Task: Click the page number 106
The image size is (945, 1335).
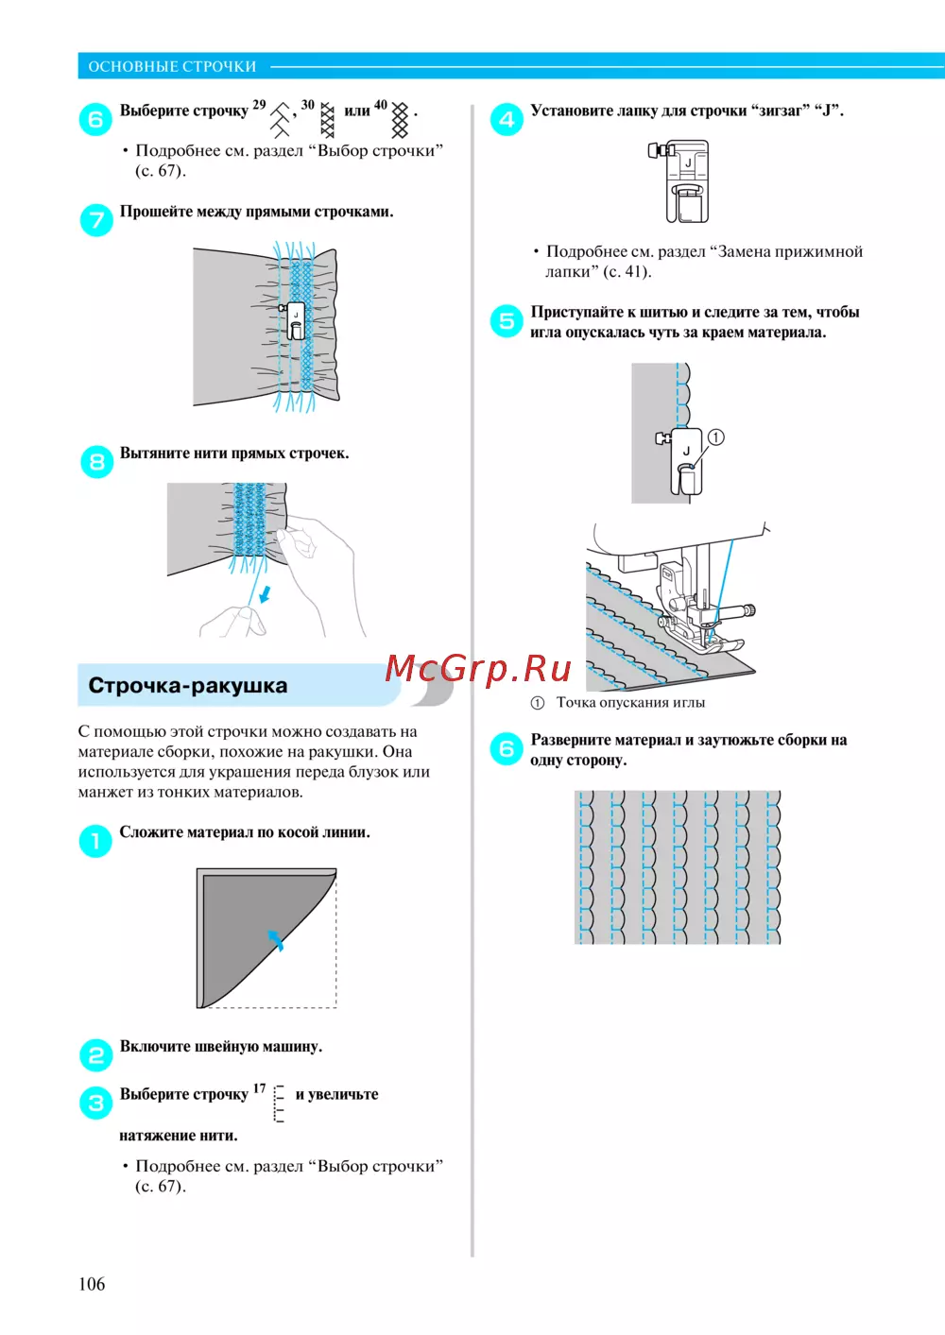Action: [92, 1283]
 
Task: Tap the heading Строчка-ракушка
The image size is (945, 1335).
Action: [187, 686]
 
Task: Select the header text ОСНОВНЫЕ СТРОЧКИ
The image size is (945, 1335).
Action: [172, 66]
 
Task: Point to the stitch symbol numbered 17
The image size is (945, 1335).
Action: [279, 1103]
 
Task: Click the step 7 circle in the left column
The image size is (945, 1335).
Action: [96, 220]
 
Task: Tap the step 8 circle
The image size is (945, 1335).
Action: [96, 462]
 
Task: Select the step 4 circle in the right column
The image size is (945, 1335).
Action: [507, 119]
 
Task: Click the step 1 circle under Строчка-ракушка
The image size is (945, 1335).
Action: [95, 840]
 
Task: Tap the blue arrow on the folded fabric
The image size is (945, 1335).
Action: [275, 939]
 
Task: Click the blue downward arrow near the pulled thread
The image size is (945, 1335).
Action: [266, 593]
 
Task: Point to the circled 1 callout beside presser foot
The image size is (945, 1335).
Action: [716, 437]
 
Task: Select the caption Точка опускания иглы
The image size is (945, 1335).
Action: [630, 703]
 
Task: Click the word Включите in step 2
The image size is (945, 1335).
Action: [155, 1047]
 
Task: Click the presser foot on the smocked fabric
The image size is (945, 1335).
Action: [295, 321]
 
